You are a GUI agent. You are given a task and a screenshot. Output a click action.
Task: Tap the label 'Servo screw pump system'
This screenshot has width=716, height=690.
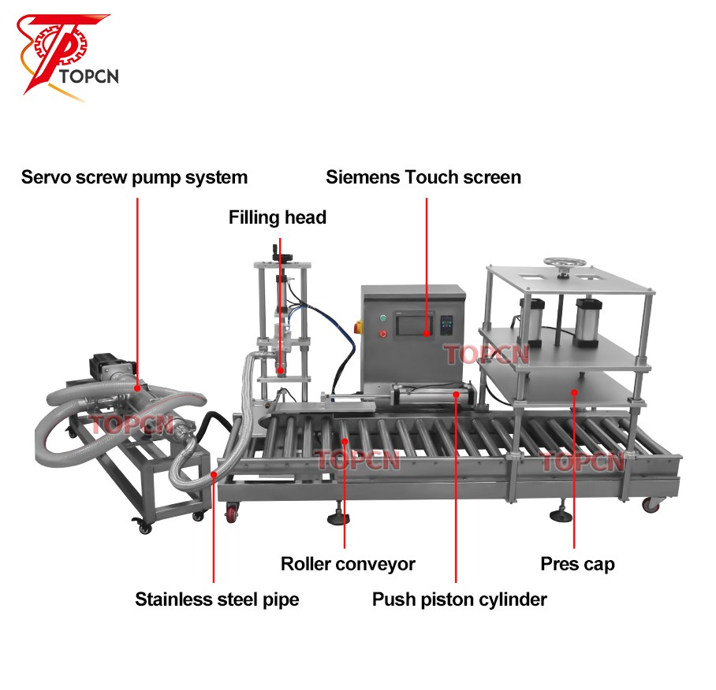point(134,177)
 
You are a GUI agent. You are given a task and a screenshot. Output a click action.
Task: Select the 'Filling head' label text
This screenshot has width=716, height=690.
point(278,217)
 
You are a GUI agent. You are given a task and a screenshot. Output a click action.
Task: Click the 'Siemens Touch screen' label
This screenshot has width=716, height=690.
point(423,177)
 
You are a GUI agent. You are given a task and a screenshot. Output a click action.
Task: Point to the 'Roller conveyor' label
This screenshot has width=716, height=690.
point(348,564)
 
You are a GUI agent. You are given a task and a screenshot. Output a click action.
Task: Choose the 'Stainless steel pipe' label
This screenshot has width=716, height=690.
point(217,599)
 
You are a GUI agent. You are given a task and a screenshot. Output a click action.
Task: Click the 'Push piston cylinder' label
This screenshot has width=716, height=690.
point(460,599)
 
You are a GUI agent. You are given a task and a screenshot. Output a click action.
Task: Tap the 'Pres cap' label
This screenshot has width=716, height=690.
point(577,564)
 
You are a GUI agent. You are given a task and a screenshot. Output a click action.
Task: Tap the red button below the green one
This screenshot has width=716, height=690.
point(383,334)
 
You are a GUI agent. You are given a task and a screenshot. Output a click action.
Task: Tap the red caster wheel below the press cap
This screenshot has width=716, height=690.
point(651,505)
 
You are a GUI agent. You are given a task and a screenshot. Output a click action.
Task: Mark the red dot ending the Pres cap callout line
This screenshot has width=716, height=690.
point(575,391)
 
